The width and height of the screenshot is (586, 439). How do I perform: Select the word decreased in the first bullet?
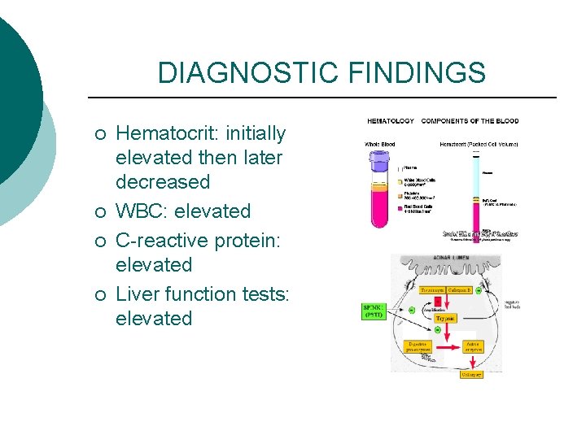tap(163, 181)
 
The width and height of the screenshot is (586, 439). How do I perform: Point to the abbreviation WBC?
tap(140, 211)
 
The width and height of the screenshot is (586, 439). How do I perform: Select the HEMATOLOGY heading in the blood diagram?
tap(390, 121)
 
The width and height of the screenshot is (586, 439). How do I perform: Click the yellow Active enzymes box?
tap(472, 347)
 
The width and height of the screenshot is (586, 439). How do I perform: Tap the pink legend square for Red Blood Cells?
tap(400, 207)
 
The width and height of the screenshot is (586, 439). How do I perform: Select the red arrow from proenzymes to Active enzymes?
tap(450, 348)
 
